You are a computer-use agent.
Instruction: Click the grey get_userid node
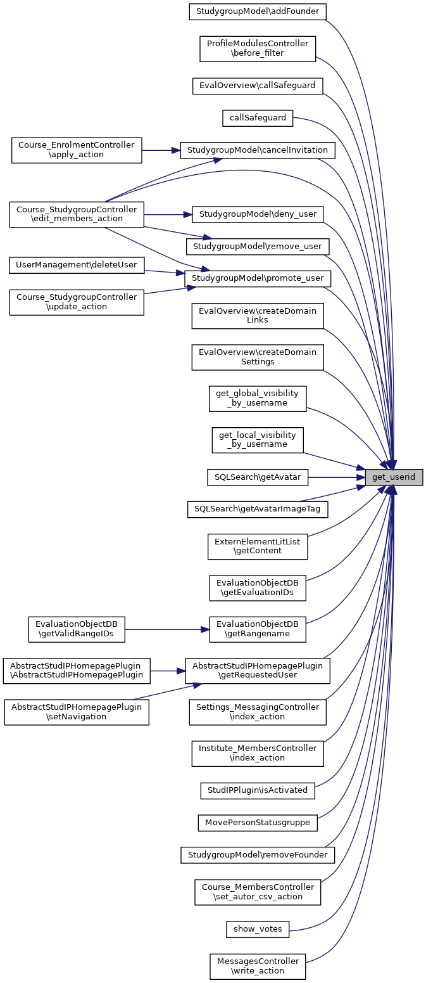(393, 477)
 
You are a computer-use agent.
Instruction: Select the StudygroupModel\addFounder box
(258, 11)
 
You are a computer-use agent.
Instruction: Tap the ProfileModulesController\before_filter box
(258, 48)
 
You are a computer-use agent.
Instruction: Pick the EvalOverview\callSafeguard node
(258, 85)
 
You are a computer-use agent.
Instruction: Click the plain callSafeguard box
(258, 117)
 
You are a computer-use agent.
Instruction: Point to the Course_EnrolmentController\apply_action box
(77, 150)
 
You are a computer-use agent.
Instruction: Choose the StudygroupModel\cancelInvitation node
(258, 150)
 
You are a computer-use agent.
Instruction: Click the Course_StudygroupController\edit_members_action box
(77, 214)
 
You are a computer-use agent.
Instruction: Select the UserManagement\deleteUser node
(77, 264)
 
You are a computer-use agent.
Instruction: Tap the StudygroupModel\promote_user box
(258, 278)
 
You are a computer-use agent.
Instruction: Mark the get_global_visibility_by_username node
(258, 398)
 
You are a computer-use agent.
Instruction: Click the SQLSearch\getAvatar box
(258, 477)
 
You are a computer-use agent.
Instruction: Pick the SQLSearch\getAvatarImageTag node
(258, 509)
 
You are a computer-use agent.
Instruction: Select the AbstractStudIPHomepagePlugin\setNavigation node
(77, 712)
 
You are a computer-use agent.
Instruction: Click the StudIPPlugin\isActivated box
(258, 790)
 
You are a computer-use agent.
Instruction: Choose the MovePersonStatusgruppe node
(258, 823)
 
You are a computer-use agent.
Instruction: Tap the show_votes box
(258, 929)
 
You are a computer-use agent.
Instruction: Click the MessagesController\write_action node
(258, 967)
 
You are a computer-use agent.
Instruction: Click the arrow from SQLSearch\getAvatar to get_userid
(335, 477)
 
